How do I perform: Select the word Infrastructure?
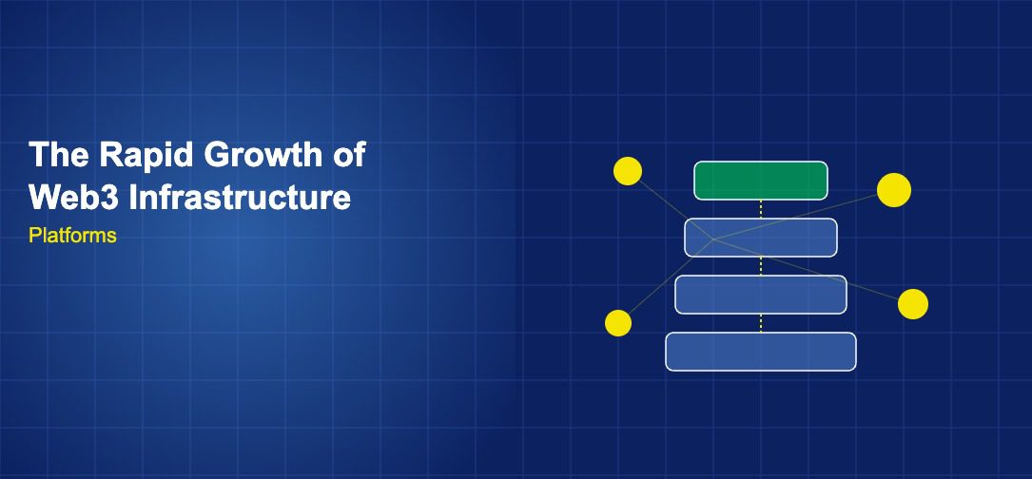[x=240, y=197]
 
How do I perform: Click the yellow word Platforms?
[x=72, y=236]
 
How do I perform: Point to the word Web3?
[x=74, y=197]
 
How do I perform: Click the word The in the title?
[x=59, y=155]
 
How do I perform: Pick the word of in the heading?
[x=349, y=155]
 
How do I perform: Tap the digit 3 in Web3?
[x=110, y=197]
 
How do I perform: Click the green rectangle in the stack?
[x=761, y=181]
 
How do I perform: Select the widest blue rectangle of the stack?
[x=761, y=352]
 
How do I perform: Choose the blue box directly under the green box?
[x=761, y=238]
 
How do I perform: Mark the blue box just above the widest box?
[x=761, y=295]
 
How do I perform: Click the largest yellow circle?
[x=894, y=190]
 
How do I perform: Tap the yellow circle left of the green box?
[x=628, y=171]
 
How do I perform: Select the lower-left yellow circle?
[x=618, y=323]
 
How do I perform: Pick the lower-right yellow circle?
[x=913, y=304]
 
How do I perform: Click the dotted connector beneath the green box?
[x=761, y=209]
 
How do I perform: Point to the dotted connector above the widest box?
[x=761, y=324]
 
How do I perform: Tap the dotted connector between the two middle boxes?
[x=761, y=266]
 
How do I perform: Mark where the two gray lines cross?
[x=713, y=239]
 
